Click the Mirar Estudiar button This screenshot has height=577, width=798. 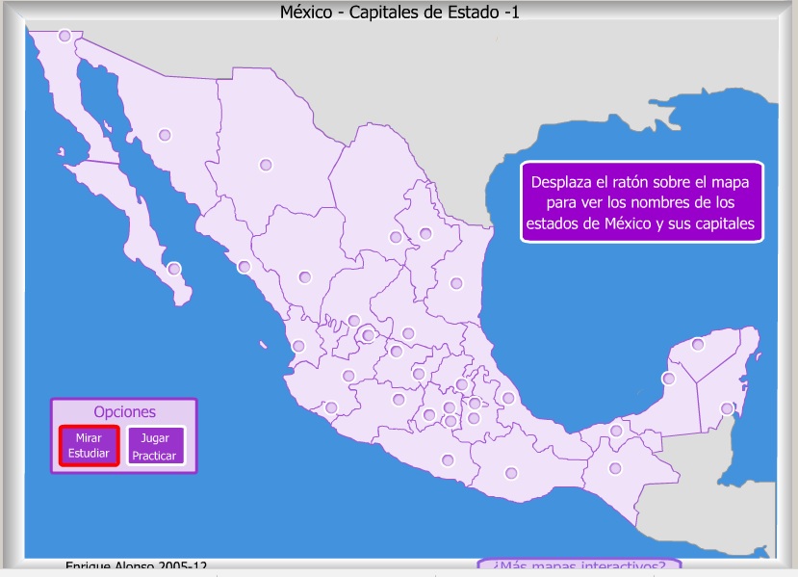point(90,446)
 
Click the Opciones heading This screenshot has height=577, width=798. point(124,411)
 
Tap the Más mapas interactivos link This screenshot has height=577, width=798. point(579,565)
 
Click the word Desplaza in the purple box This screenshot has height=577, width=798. point(565,181)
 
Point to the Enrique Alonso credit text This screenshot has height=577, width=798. point(136,567)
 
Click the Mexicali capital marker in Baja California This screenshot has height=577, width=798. point(64,36)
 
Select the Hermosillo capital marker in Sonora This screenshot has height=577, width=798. point(165,135)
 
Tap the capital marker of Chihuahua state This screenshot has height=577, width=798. point(266,165)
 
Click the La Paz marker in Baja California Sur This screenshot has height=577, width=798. point(174,269)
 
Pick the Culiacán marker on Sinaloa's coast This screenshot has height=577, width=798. point(245,267)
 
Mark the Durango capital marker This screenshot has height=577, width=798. point(305,277)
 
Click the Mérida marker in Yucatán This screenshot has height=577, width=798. point(698,344)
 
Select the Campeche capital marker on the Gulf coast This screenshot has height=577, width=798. point(667,379)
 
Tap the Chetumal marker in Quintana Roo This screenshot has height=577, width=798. point(727,408)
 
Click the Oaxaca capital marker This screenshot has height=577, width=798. point(511,472)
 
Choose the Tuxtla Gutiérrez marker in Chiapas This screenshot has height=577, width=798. point(616,469)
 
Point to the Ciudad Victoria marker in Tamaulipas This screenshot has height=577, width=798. point(456,283)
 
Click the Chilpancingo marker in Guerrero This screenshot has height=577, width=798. point(447,460)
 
